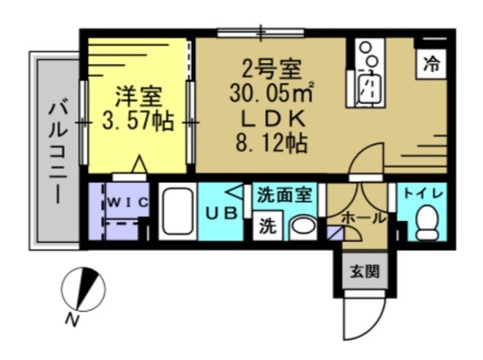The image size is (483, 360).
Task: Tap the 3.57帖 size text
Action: [x=137, y=122]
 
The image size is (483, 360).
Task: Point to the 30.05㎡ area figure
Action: [x=271, y=92]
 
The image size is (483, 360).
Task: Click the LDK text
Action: [x=271, y=118]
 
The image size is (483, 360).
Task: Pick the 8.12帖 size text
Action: [x=271, y=145]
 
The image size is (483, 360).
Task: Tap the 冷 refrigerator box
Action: [x=431, y=66]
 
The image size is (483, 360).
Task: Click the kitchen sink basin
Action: [x=369, y=89]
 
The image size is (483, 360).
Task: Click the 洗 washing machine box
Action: [x=267, y=226]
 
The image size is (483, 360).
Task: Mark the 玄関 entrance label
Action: [x=363, y=271]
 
